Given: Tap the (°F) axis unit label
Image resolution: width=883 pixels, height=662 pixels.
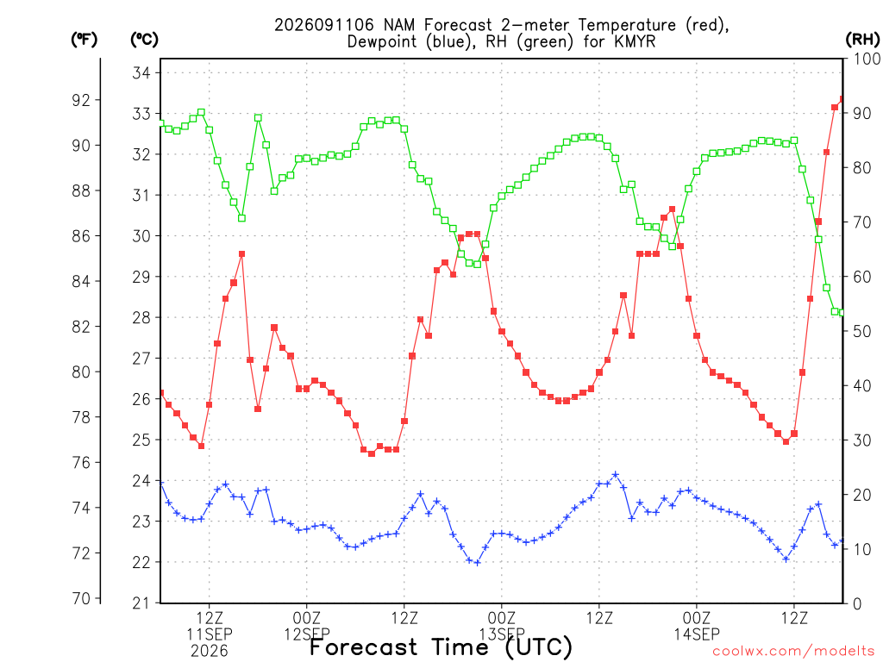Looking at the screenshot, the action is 84,40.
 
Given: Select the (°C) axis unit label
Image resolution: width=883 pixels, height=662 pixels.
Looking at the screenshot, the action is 144,40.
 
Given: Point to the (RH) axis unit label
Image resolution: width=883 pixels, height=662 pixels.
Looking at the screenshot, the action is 862,40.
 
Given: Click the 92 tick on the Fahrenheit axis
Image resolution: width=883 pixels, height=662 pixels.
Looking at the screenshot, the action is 81,100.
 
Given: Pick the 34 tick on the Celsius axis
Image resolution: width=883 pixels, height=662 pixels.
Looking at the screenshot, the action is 141,72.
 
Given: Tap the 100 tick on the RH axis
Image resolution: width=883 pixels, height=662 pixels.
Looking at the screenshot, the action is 867,59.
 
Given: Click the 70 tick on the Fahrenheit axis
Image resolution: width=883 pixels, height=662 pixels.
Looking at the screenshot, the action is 81,598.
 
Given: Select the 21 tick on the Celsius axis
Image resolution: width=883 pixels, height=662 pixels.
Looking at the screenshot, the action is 141,603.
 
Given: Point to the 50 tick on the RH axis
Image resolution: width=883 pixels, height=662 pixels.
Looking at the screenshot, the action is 861,331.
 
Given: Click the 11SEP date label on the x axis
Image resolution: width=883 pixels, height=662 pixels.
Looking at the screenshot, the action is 210,634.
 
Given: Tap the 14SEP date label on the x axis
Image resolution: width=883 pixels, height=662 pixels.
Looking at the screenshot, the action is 697,634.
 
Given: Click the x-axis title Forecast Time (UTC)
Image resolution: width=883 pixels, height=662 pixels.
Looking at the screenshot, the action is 441,647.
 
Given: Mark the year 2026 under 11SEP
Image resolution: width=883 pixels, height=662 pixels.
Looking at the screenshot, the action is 210,652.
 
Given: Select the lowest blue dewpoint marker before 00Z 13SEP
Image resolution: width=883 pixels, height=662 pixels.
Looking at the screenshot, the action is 477,562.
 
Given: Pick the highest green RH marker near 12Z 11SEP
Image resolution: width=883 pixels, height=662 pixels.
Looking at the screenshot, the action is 201,113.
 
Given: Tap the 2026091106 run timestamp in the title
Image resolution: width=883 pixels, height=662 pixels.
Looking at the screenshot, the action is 324,25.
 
